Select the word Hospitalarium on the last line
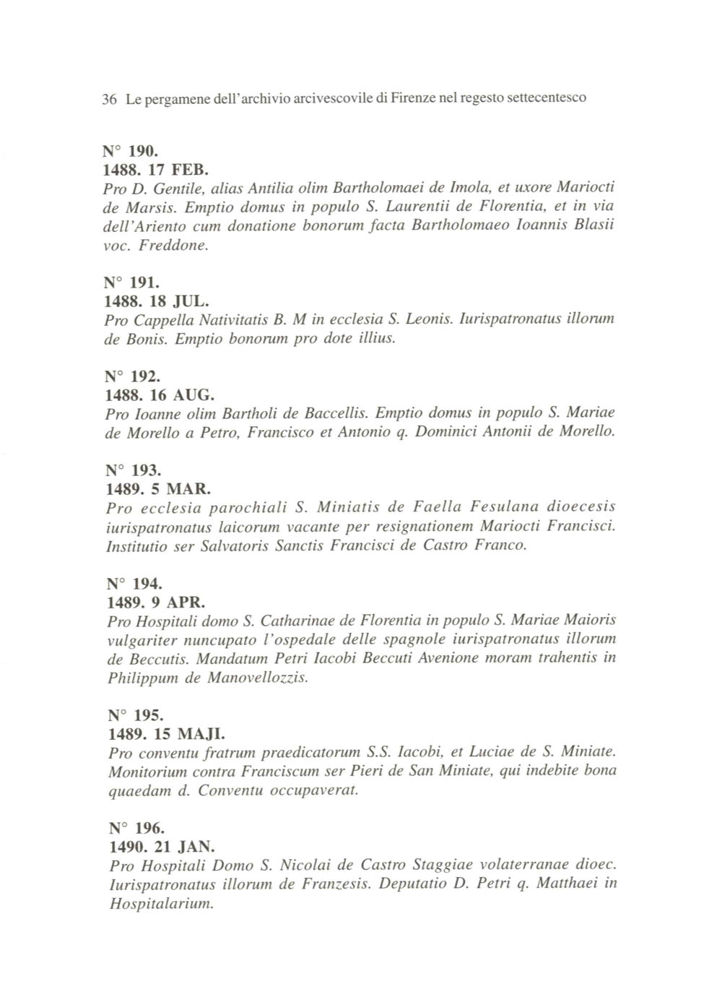160,904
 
